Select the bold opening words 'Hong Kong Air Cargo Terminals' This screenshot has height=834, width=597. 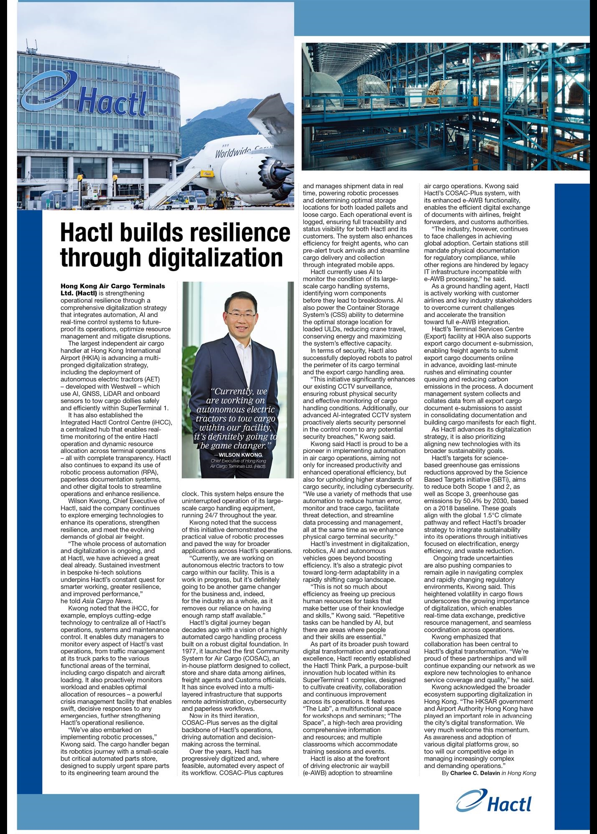113,286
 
